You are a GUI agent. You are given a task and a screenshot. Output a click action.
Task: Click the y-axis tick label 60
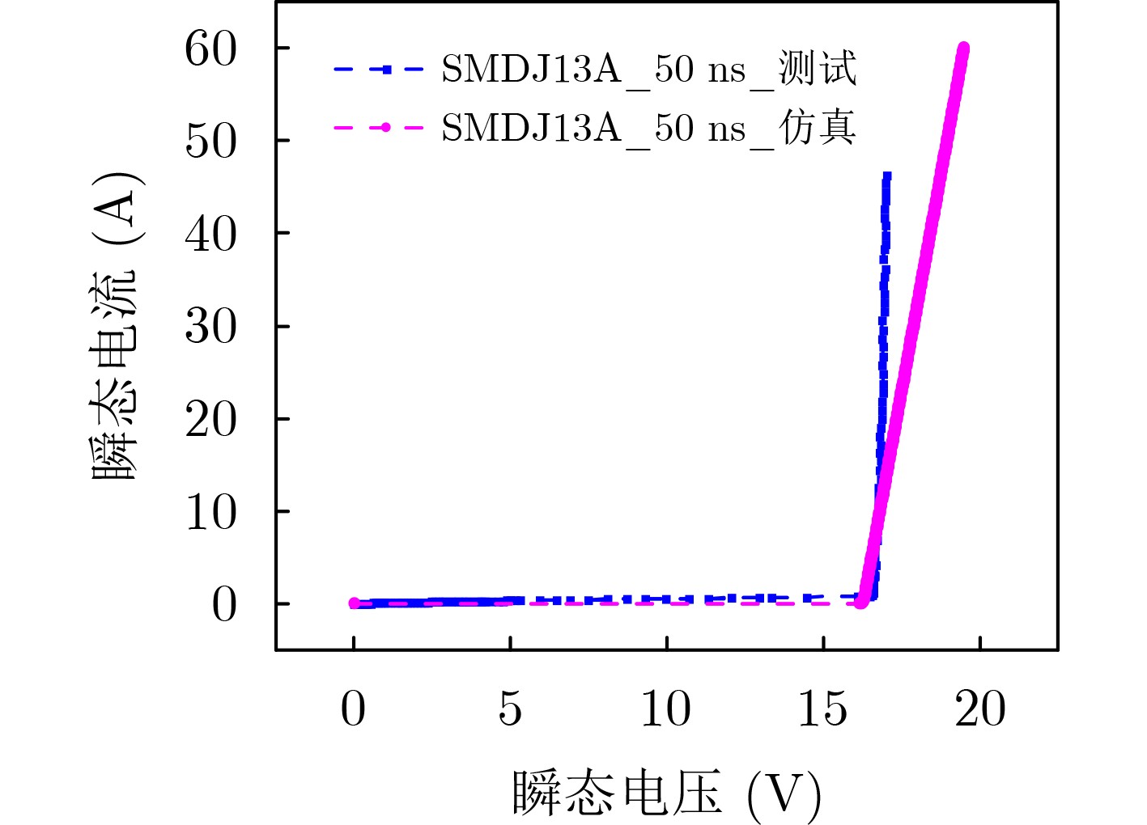(x=210, y=49)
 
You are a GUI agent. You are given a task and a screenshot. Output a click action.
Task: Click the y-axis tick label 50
(x=210, y=142)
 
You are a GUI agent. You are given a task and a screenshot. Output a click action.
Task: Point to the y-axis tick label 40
(x=210, y=235)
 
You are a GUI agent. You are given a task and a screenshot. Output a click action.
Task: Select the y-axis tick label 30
(x=210, y=327)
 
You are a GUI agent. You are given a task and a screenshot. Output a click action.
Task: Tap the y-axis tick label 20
(x=210, y=420)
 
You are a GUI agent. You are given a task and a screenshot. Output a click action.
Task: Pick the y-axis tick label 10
(x=210, y=512)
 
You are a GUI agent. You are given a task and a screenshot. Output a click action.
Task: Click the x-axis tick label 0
(x=353, y=709)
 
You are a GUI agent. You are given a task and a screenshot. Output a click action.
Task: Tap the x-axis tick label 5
(x=510, y=709)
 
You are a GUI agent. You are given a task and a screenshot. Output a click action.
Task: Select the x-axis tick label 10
(x=666, y=709)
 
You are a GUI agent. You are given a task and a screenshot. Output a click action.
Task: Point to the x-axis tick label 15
(x=823, y=709)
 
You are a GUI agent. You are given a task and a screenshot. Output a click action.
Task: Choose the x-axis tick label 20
(x=980, y=709)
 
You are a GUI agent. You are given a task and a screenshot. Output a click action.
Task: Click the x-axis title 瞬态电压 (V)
(x=666, y=793)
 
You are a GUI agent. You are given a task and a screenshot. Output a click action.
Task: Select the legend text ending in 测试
(x=648, y=70)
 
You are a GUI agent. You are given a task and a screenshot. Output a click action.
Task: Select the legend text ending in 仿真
(x=648, y=128)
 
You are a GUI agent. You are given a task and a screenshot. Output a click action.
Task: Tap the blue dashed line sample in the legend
(x=379, y=70)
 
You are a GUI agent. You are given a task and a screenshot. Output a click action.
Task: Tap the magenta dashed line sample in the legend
(x=379, y=128)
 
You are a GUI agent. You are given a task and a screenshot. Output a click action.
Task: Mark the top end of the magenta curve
(x=963, y=49)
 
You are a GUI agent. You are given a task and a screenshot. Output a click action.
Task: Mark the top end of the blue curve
(x=887, y=175)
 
